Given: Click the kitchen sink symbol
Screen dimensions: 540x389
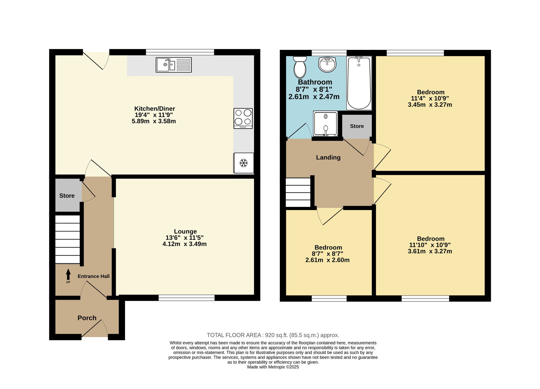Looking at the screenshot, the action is (174, 65).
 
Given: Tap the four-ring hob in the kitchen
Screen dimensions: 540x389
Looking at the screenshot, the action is (243, 118).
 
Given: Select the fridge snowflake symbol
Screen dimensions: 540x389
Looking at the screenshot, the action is (244, 163).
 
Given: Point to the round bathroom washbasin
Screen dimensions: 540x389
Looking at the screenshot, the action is (327, 64).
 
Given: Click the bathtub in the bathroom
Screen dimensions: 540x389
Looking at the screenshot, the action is (359, 83).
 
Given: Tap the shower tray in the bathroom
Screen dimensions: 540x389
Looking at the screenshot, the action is (325, 124).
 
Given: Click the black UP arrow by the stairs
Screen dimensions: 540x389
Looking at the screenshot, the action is (68, 274).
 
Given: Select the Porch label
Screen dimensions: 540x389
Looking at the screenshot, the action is (87, 318).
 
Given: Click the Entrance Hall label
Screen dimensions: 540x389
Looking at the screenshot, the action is (94, 276).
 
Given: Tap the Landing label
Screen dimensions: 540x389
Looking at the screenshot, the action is (328, 157).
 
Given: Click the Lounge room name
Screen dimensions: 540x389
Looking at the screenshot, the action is (185, 231).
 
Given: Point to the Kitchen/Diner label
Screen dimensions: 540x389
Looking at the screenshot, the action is (155, 109).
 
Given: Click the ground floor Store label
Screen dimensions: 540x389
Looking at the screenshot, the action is (67, 196).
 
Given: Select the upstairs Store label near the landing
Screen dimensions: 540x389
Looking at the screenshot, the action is (357, 126).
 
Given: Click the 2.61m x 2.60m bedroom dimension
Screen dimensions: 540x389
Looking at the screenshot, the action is (328, 260).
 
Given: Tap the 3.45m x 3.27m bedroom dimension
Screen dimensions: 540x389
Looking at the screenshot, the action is (430, 105).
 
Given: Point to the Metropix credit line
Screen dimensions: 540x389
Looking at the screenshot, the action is (273, 367).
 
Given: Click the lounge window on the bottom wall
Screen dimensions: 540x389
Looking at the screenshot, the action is (187, 298).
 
